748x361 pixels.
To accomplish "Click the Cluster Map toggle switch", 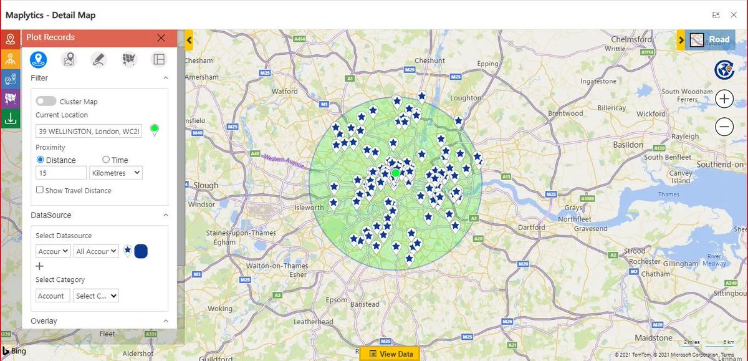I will point(46,102).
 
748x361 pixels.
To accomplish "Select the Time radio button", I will point(106,160).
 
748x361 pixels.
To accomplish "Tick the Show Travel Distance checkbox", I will point(40,190).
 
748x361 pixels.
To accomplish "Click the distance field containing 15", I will point(61,173).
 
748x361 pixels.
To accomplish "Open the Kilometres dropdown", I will point(116,173).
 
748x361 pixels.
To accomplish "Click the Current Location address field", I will point(89,131).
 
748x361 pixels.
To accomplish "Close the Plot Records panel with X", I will point(161,38).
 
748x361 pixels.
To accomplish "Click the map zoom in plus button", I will point(724,99).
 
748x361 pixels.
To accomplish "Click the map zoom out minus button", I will point(724,127).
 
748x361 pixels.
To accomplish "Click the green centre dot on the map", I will point(395,173).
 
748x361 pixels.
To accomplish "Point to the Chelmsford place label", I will point(631,39).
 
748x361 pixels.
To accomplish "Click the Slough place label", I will point(206,185).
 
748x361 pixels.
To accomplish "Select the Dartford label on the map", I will point(531,228).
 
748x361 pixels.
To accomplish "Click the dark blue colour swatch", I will point(141,251).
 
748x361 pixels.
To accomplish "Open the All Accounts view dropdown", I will point(96,251).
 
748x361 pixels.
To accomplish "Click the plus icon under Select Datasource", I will point(40,266).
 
